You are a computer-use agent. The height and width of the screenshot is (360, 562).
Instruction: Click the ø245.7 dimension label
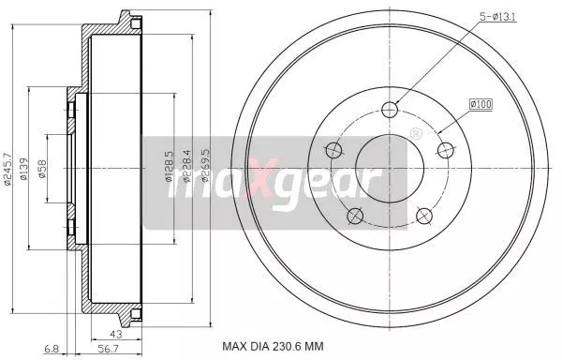click(7, 170)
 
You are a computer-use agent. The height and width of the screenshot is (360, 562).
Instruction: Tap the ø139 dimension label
click(23, 169)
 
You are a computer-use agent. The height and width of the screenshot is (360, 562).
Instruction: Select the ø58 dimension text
click(42, 169)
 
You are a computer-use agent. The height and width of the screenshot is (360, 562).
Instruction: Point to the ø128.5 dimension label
click(170, 166)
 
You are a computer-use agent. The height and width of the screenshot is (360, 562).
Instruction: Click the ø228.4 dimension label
click(187, 166)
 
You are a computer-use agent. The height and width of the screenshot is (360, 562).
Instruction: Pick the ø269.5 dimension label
click(205, 166)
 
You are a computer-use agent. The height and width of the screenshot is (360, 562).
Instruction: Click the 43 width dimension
click(116, 334)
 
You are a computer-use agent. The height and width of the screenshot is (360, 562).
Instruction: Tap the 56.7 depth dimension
click(109, 348)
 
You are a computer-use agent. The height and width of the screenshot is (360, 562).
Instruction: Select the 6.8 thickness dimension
click(52, 348)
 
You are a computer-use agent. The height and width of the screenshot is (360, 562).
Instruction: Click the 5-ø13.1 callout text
click(498, 17)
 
